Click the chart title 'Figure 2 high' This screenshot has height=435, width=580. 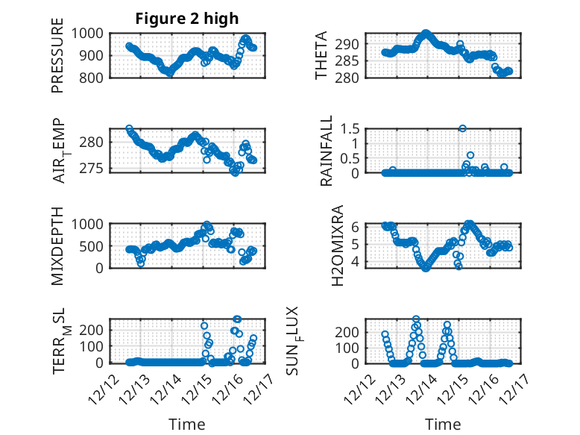186,19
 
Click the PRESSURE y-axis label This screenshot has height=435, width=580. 57,60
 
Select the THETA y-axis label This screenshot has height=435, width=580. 321,56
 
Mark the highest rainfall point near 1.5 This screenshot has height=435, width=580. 462,128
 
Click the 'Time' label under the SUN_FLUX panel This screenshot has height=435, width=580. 443,425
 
